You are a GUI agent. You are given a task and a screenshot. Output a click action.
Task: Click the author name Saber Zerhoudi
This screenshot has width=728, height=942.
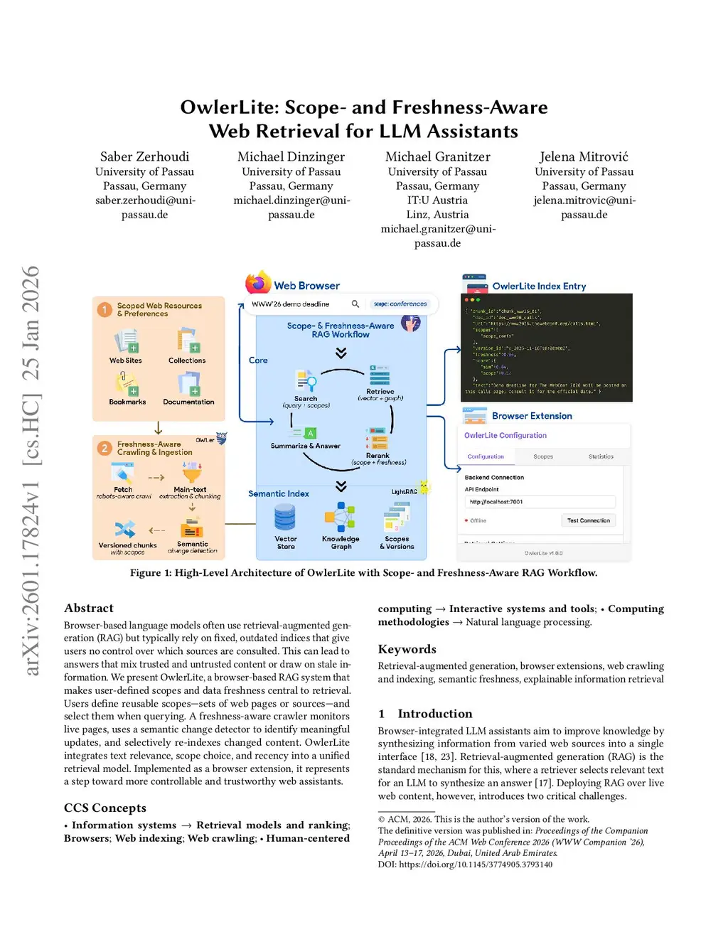pos(144,156)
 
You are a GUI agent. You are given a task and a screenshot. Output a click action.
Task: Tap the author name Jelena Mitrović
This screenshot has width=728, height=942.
pos(584,156)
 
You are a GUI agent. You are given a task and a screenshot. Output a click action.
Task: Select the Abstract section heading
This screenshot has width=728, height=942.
pos(89,608)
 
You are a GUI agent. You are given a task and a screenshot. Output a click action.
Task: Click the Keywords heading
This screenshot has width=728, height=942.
pos(407,649)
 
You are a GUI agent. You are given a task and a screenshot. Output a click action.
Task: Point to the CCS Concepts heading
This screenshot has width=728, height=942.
pos(105,808)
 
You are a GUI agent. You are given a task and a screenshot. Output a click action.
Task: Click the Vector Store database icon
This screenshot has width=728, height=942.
pos(285,518)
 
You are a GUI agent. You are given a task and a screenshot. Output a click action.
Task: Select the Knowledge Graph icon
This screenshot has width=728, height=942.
pos(341,517)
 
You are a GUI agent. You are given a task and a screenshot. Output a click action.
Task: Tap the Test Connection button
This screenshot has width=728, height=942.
pos(588,520)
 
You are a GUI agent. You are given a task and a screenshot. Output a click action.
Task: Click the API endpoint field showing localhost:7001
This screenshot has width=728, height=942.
pos(539,502)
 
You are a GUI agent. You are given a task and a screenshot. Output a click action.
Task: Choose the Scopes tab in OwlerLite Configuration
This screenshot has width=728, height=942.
pos(543,456)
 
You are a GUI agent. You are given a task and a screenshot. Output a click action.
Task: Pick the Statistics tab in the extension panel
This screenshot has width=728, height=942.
pos(601,456)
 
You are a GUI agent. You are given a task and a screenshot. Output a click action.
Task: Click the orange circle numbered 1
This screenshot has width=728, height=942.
pos(105,309)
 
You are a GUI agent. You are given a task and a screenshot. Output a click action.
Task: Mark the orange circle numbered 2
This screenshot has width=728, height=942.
pos(105,448)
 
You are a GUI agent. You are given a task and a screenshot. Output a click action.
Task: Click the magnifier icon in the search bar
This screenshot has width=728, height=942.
pos(355,304)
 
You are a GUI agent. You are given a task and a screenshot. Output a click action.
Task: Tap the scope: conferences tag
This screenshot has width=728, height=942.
pos(400,304)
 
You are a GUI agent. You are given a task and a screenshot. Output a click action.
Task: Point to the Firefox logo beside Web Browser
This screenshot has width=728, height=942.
pos(258,283)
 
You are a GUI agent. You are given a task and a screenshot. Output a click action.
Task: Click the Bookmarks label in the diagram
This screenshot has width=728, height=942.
pos(127,402)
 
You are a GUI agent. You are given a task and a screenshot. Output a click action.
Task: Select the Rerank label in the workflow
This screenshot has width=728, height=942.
pos(378,456)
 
